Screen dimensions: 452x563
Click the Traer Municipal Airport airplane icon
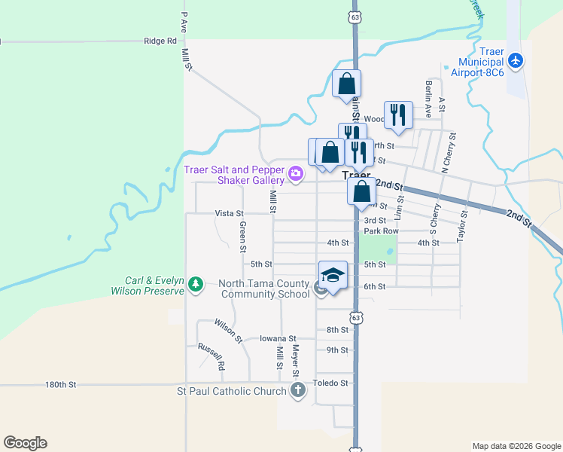(516, 60)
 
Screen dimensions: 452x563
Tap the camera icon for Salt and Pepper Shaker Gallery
(295, 175)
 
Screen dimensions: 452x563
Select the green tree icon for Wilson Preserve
(196, 284)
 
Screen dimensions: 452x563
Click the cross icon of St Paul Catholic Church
(298, 390)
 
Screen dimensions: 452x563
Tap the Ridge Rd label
(160, 41)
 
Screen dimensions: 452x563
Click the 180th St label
(61, 384)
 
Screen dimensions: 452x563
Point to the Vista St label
(230, 214)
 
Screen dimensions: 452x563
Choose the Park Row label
(381, 231)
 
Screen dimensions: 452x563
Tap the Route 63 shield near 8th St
(355, 318)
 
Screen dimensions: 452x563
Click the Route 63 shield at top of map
(355, 16)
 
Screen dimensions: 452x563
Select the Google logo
(25, 443)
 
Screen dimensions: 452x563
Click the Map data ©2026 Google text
(516, 446)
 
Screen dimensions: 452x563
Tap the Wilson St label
(227, 329)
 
